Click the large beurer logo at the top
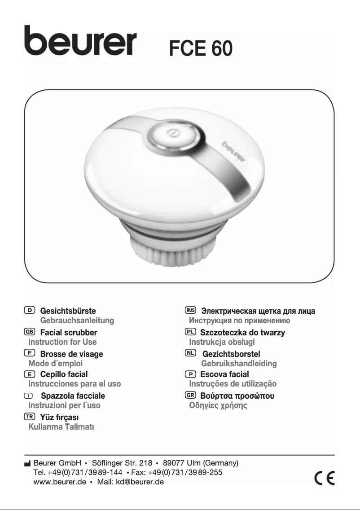(x=81, y=41)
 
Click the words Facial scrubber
(x=69, y=333)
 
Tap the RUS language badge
(x=190, y=310)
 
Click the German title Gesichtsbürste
(x=68, y=311)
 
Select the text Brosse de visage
(x=72, y=354)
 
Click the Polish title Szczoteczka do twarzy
(x=242, y=333)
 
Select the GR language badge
(x=190, y=395)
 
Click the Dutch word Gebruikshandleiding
(x=239, y=363)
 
